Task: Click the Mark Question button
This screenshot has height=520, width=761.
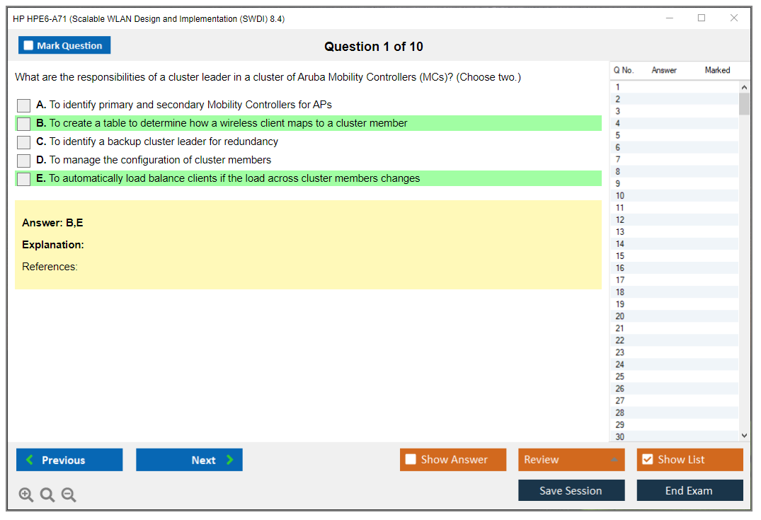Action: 64,45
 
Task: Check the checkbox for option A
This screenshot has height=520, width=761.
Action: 24,105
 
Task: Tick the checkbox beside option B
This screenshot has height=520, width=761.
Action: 24,124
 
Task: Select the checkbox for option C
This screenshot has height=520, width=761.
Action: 24,142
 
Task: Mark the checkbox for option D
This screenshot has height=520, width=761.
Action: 24,161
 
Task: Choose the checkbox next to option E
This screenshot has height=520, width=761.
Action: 24,179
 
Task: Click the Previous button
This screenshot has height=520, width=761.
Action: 69,460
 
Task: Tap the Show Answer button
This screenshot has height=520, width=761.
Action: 453,460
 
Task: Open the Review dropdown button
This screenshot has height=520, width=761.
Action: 571,460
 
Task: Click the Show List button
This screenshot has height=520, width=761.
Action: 690,460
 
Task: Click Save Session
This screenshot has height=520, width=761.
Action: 571,490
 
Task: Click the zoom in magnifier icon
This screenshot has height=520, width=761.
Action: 26,495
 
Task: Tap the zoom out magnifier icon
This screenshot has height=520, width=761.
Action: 69,495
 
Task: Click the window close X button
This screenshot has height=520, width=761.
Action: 734,18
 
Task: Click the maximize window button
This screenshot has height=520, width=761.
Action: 702,18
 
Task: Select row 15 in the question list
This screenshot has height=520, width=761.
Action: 674,256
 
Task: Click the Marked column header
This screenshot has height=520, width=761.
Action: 717,70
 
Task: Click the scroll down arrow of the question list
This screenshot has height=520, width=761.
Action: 744,436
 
